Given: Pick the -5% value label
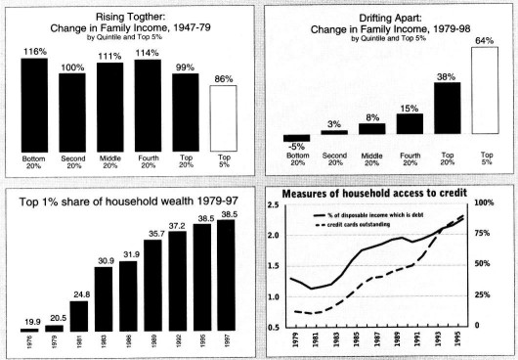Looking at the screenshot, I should (x=296, y=146).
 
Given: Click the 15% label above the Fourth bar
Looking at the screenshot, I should (x=410, y=108).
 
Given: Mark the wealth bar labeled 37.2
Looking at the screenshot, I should (x=176, y=281).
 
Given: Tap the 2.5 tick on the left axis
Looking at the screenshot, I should (x=273, y=204).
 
